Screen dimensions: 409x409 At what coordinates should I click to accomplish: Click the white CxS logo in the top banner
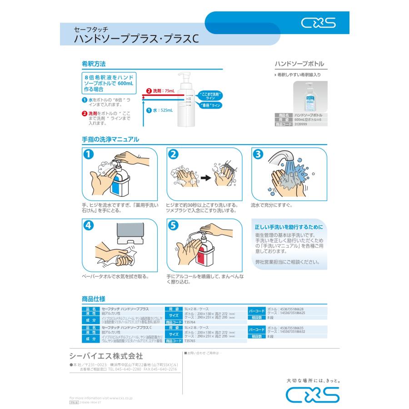click(x=318, y=23)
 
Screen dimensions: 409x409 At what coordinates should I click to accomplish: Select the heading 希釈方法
click(x=94, y=63)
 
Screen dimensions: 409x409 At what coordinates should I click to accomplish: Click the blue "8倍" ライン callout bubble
click(x=209, y=105)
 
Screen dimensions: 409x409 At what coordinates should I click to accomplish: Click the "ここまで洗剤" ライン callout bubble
click(x=210, y=96)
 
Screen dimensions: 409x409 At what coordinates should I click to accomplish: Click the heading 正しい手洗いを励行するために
click(x=289, y=227)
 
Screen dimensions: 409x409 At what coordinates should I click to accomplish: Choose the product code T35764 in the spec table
click(x=190, y=322)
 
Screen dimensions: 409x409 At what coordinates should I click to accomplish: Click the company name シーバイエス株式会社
click(x=106, y=355)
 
